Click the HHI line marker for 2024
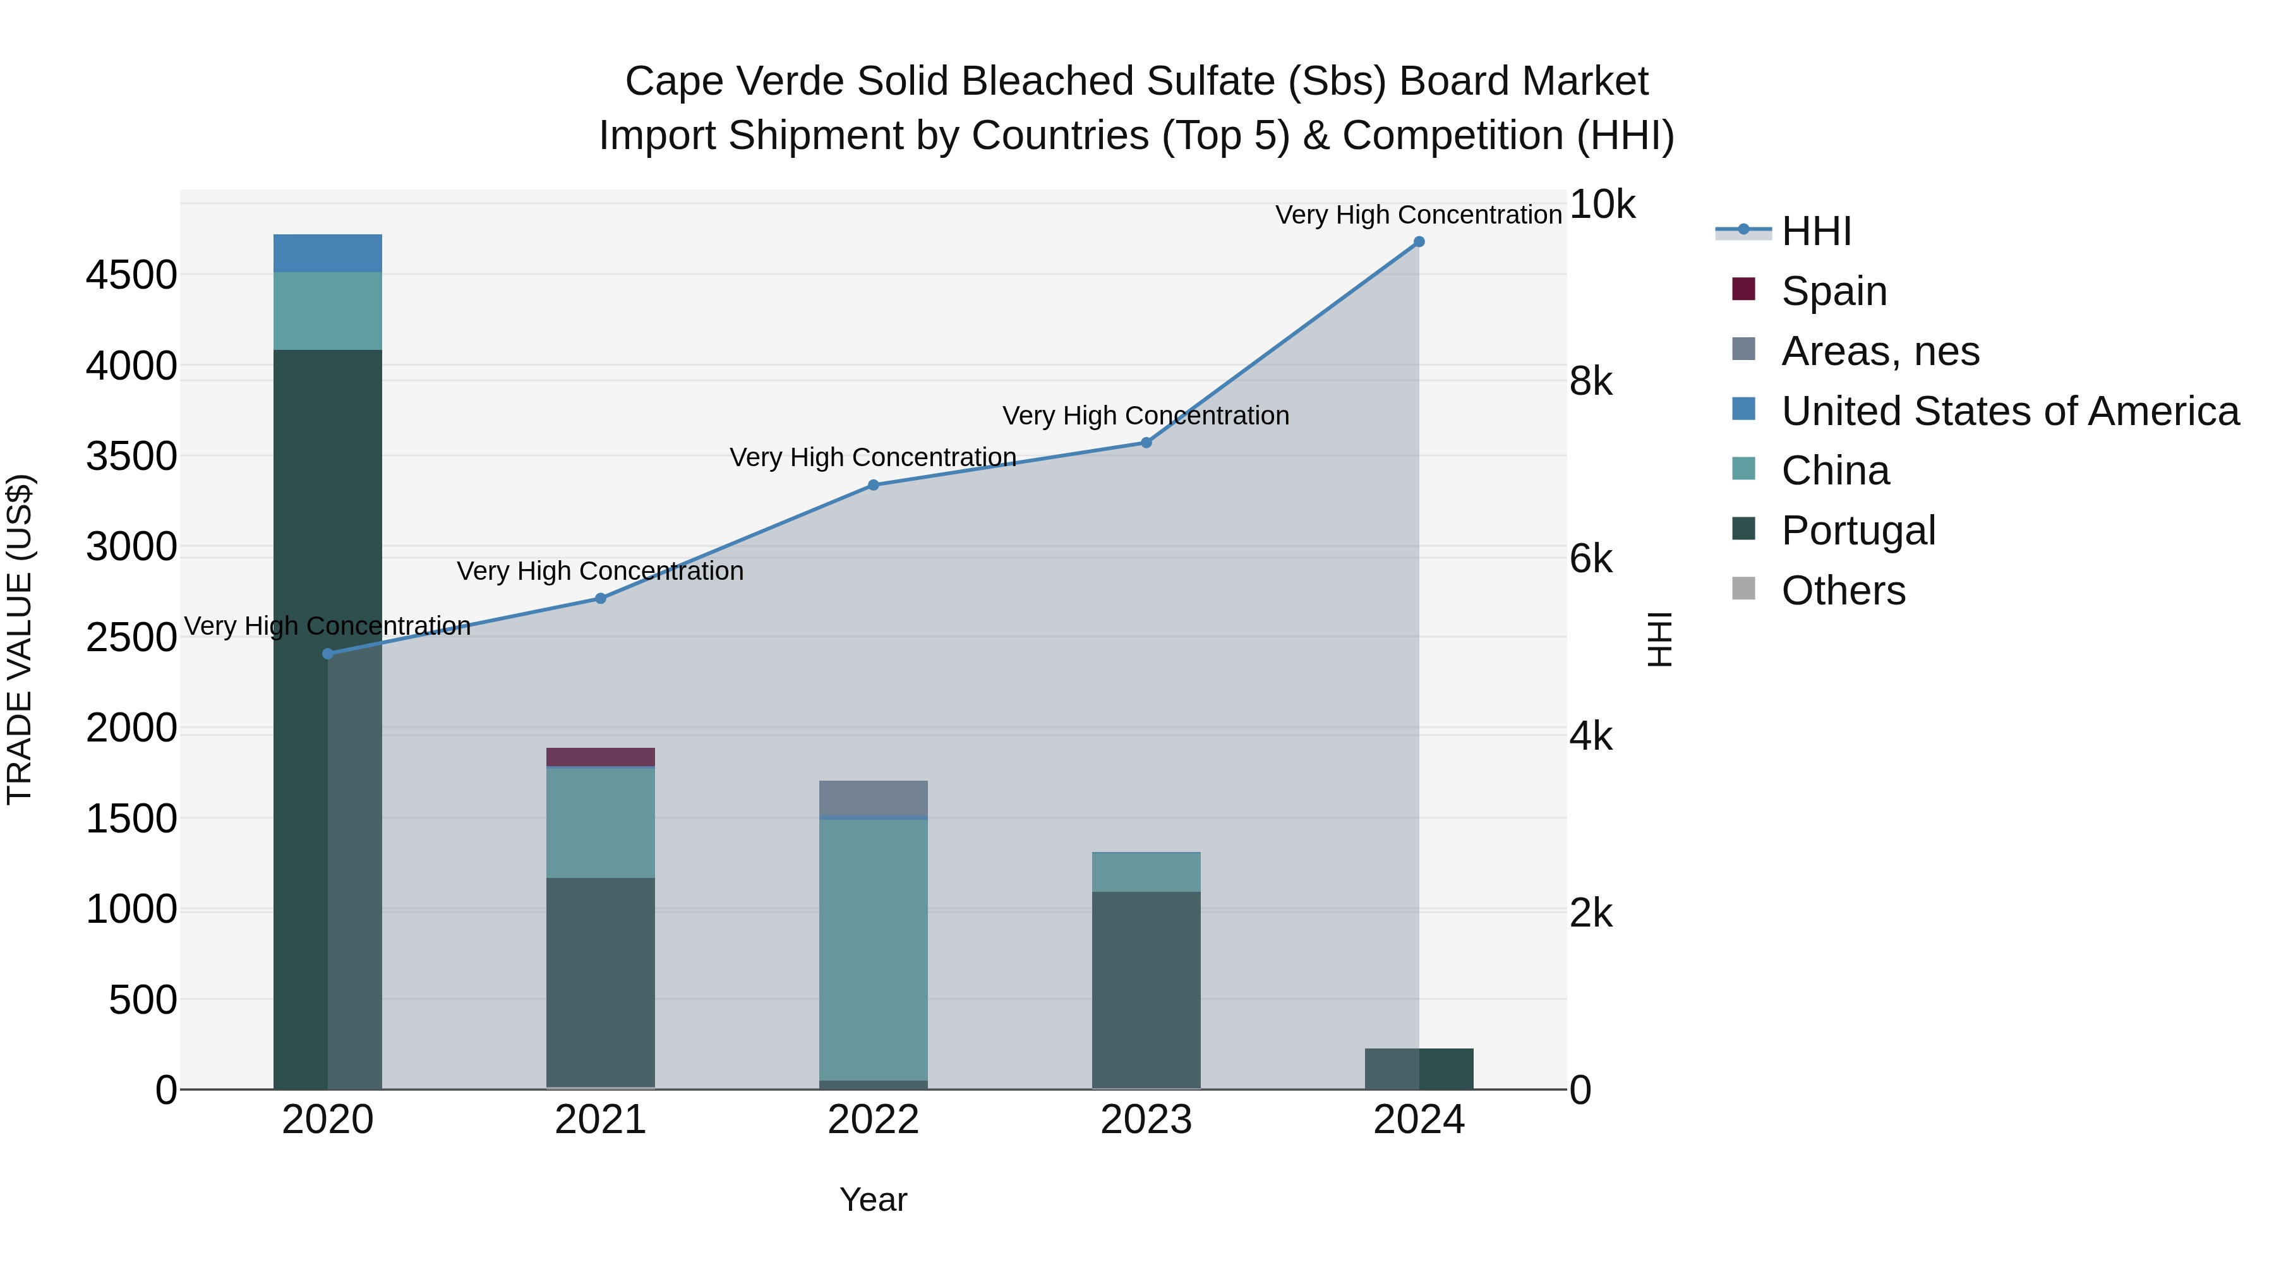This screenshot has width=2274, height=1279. click(1419, 242)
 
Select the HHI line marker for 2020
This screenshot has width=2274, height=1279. click(327, 654)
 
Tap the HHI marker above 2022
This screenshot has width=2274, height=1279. click(873, 484)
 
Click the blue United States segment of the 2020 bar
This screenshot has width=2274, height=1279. click(327, 253)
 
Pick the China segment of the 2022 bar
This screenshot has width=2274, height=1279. click(873, 949)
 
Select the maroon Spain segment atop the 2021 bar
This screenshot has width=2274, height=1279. click(600, 757)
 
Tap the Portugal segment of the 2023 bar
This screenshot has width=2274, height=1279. click(1146, 988)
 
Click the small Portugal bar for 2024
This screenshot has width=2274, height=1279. click(1419, 1069)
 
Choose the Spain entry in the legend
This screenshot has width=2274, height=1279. click(1834, 291)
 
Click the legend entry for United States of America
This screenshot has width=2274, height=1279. click(2009, 411)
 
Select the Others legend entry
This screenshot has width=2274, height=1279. click(1843, 591)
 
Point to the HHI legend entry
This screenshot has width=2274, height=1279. click(1816, 231)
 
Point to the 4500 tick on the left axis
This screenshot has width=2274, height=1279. click(131, 275)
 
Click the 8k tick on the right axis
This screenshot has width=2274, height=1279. click(1591, 381)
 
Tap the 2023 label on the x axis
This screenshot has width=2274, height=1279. click(1146, 1120)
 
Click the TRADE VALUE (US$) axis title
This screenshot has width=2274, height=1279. click(20, 639)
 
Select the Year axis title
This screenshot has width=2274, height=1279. click(873, 1199)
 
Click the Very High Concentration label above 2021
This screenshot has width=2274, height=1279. click(600, 571)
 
